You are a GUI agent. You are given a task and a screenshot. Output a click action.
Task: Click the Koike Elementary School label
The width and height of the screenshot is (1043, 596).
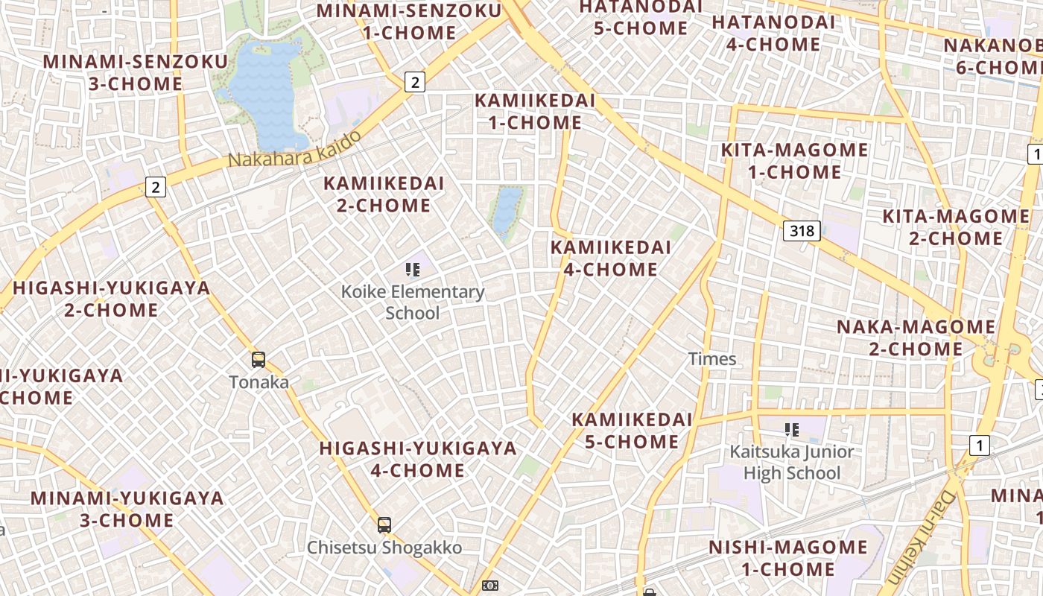(x=413, y=302)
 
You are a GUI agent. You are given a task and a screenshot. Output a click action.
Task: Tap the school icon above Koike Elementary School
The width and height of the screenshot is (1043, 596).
(x=412, y=270)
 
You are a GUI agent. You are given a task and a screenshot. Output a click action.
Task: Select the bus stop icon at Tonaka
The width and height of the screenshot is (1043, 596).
(x=259, y=360)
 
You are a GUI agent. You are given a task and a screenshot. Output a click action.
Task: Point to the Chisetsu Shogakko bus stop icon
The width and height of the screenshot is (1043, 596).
(x=384, y=525)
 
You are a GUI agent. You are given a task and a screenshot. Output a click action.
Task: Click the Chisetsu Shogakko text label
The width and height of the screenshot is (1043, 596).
(x=384, y=548)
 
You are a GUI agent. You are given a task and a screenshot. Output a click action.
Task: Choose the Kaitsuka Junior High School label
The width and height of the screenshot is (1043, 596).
(x=791, y=462)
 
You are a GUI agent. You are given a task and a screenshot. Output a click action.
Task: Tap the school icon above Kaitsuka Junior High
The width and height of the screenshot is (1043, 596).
(x=791, y=430)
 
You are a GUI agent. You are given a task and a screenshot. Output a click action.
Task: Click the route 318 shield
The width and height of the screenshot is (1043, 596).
(x=802, y=231)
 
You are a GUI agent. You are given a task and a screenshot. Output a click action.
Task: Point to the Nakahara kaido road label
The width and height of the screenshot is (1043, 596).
(x=295, y=150)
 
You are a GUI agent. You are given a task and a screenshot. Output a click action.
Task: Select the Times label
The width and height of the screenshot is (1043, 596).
(x=712, y=359)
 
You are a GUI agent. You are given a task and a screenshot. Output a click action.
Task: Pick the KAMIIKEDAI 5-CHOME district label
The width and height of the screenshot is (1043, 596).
(x=632, y=431)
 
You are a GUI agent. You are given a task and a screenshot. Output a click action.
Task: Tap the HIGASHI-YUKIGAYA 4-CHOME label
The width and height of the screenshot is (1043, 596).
(x=418, y=459)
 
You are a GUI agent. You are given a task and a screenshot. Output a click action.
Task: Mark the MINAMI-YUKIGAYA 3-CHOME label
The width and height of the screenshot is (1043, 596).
(x=127, y=509)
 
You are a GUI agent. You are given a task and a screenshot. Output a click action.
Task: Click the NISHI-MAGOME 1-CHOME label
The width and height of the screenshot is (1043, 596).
(x=788, y=558)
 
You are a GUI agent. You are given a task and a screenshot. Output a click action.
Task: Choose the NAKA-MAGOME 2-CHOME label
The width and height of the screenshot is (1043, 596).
(x=916, y=337)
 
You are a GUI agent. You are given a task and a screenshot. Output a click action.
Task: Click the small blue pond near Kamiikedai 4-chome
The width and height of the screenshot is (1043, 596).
(x=507, y=210)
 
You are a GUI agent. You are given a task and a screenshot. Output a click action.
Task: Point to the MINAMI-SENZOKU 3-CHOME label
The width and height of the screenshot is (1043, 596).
(x=136, y=72)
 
